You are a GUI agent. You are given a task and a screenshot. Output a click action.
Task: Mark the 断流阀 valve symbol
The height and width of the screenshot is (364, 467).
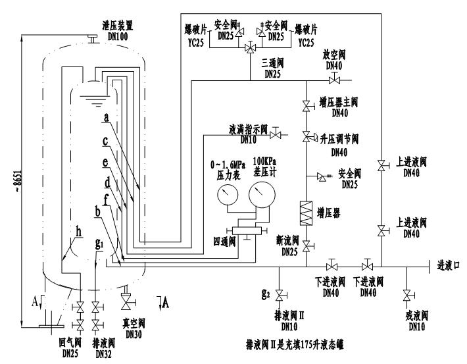click(306, 246)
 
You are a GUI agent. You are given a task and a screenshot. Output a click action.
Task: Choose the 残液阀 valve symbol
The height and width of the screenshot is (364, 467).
click(408, 294)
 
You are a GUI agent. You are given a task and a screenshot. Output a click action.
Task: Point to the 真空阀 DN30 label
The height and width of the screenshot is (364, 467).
click(131, 328)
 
